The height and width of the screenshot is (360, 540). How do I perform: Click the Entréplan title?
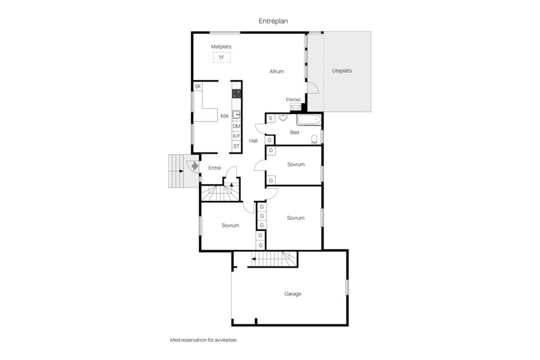(273, 21)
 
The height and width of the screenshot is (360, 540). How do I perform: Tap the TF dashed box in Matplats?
(222, 57)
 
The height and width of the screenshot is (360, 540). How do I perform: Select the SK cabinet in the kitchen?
(197, 86)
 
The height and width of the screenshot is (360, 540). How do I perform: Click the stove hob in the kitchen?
(236, 94)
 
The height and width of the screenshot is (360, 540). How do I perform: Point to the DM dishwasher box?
(236, 127)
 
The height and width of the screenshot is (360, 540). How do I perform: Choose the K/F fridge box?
(236, 136)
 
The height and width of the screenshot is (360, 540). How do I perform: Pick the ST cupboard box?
(236, 146)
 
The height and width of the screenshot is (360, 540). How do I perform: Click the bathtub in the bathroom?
(309, 120)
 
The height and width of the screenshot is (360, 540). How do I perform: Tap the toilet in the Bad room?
(314, 139)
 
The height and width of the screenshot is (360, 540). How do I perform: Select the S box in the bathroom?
(271, 119)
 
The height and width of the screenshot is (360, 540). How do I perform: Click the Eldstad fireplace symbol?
(295, 107)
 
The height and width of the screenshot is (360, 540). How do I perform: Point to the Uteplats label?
(342, 71)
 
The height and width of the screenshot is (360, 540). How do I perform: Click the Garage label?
(292, 294)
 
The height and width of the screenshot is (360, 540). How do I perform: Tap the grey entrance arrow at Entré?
(195, 166)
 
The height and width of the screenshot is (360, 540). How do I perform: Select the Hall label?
(254, 141)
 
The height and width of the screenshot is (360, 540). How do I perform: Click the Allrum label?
(277, 71)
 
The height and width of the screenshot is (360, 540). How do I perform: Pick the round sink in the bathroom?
(283, 118)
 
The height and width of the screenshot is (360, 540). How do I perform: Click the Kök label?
(224, 116)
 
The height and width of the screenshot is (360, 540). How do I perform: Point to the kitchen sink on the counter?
(236, 114)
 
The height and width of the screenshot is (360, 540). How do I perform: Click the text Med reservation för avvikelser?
(204, 340)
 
